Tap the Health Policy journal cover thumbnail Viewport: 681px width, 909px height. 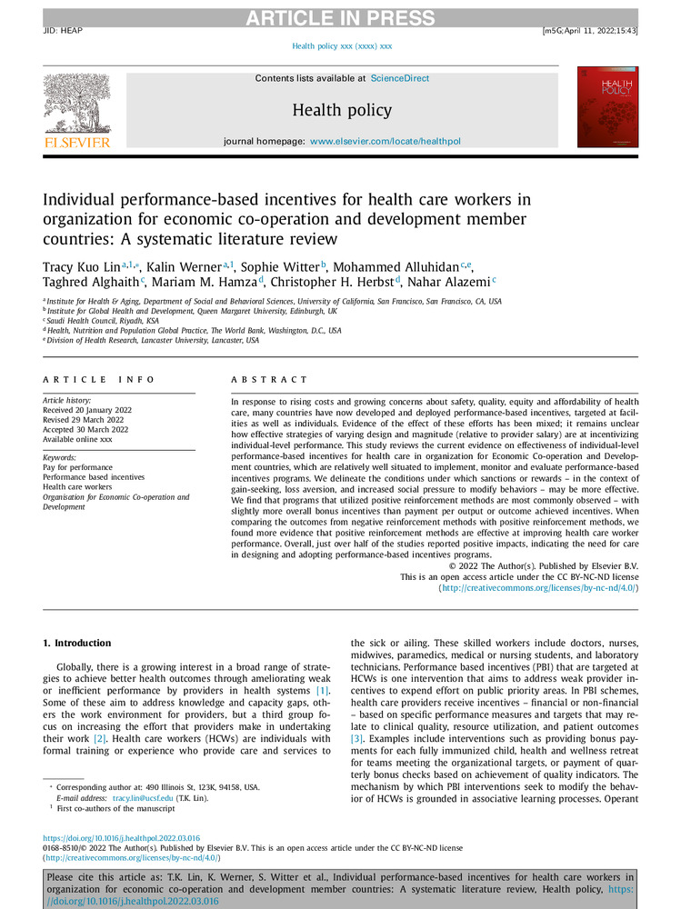point(606,110)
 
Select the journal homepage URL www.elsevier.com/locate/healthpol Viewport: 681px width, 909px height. point(386,143)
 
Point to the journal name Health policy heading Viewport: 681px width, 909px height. point(342,111)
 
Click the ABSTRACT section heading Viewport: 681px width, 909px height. point(269,380)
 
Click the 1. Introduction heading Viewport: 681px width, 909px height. point(80,644)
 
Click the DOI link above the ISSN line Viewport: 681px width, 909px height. point(122,838)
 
